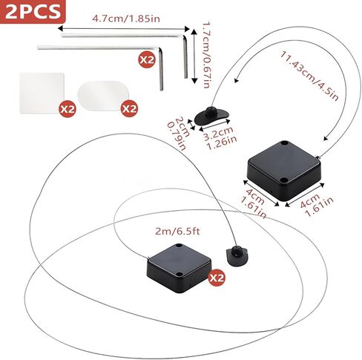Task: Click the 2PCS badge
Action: click(33, 12)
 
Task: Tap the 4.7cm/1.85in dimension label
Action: click(126, 19)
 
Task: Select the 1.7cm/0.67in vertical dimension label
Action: click(206, 56)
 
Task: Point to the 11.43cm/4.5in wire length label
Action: click(309, 76)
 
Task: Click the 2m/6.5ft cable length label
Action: click(177, 232)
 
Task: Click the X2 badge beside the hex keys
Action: click(147, 59)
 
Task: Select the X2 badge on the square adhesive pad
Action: click(68, 108)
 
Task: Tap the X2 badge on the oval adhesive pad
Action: click(129, 108)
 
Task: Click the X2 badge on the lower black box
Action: click(217, 278)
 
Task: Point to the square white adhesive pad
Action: click(42, 94)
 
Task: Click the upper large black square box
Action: click(284, 170)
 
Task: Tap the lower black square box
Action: click(180, 268)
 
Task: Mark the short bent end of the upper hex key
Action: click(185, 57)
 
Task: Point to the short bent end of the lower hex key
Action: click(161, 69)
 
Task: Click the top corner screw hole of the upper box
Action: click(284, 143)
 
